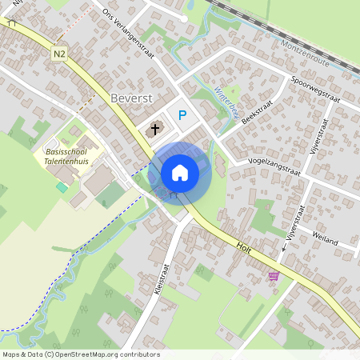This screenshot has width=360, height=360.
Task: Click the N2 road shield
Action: pyautogui.click(x=58, y=54)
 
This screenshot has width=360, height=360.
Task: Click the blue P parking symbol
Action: pyautogui.click(x=182, y=115)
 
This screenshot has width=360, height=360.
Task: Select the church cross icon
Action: pyautogui.click(x=154, y=127)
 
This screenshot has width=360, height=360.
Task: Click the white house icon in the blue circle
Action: pyautogui.click(x=180, y=172)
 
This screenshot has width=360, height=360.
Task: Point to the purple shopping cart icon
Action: pyautogui.click(x=274, y=275)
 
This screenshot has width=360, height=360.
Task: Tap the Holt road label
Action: pyautogui.click(x=243, y=243)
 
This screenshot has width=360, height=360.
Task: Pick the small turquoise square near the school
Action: pyautogui.click(x=62, y=186)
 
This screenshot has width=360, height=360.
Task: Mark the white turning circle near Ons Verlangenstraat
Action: pyautogui.click(x=184, y=18)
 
